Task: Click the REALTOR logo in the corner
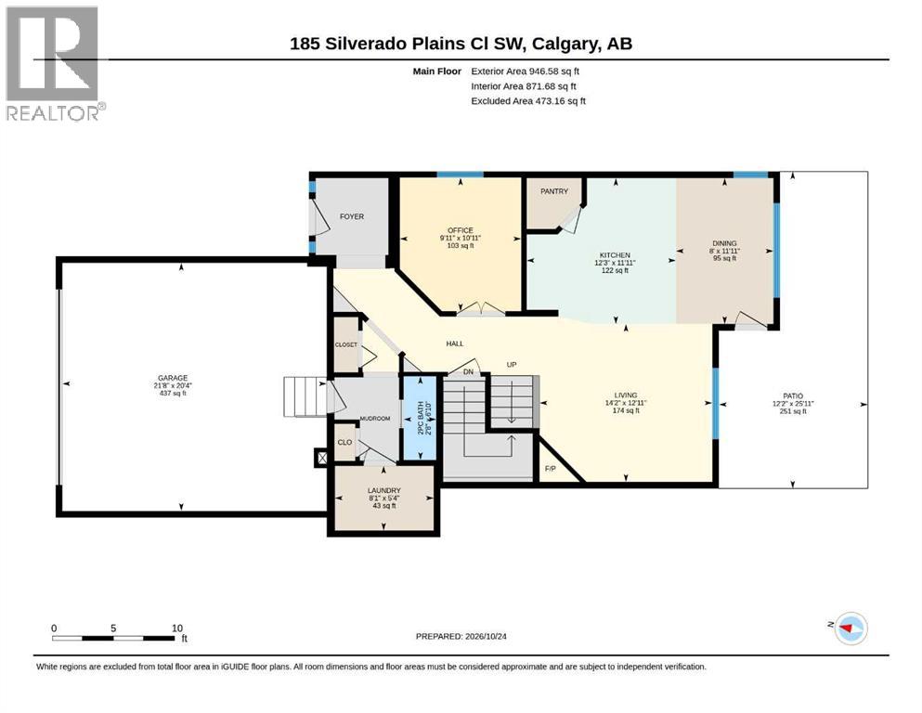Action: [x=56, y=63]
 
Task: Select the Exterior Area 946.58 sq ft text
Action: [x=526, y=71]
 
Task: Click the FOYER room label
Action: [x=352, y=216]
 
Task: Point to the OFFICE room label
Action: [x=461, y=230]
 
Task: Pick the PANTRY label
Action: [x=554, y=191]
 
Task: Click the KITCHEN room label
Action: [x=615, y=255]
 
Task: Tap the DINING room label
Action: [x=724, y=243]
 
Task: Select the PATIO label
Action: [x=793, y=396]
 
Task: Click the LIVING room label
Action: [x=626, y=395]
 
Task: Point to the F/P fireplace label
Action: [x=551, y=469]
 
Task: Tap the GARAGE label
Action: [x=173, y=378]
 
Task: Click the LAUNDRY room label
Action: [x=384, y=490]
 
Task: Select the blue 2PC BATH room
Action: [x=420, y=418]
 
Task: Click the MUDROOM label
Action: [x=375, y=419]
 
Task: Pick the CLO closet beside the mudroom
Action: [x=344, y=442]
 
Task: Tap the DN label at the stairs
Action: [x=468, y=372]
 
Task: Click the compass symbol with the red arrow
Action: [x=851, y=628]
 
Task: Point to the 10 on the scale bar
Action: [x=177, y=629]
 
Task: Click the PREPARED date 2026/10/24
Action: [x=461, y=636]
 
